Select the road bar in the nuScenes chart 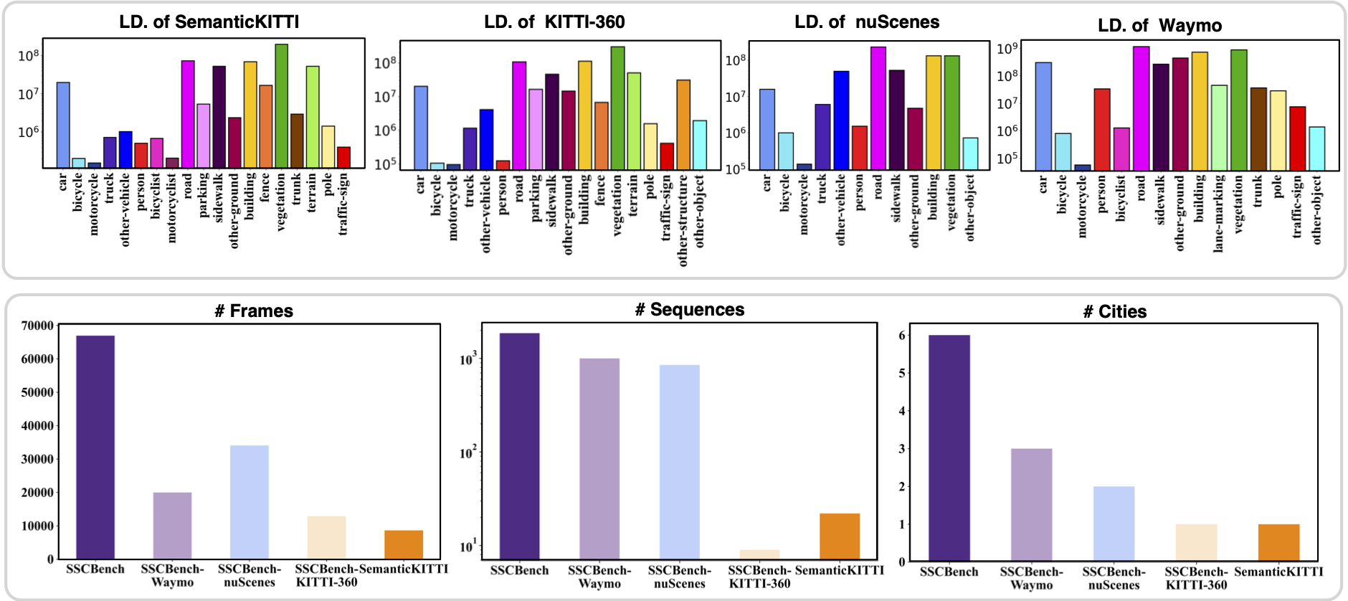click(878, 108)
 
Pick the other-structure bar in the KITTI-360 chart click(683, 125)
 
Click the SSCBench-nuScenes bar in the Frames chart click(250, 502)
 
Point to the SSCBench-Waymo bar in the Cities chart click(1031, 505)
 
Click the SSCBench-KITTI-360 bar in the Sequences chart click(759, 554)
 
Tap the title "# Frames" click(254, 311)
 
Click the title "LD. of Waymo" click(1159, 26)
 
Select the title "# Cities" click(1114, 312)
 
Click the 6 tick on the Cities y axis click(902, 335)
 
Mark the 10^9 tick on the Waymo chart click(1007, 49)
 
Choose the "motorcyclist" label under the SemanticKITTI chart click(172, 207)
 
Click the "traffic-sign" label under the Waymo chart click(1297, 207)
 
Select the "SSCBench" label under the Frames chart click(95, 569)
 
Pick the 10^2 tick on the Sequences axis click(467, 453)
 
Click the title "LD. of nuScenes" click(867, 22)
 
